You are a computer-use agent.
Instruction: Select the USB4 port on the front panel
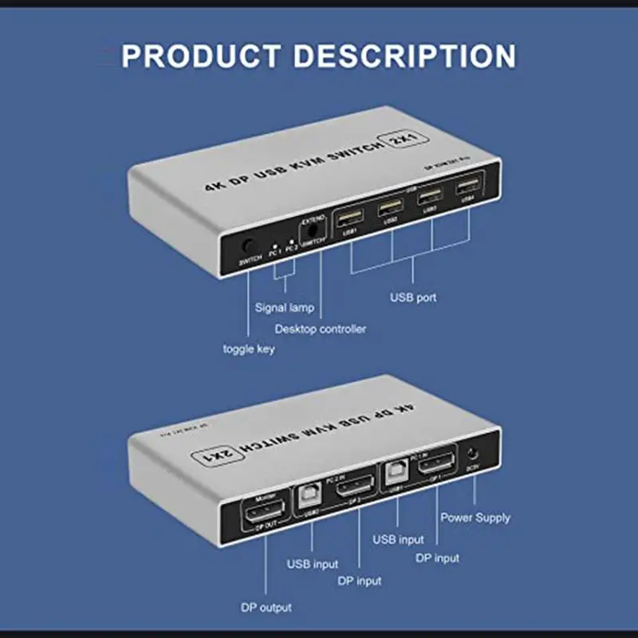(463, 192)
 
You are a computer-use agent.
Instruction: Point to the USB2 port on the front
(390, 208)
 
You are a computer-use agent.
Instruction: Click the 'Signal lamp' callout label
(284, 307)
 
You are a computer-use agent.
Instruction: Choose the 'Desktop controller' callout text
(321, 329)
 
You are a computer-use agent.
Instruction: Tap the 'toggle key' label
(249, 349)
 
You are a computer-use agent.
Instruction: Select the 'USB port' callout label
(413, 298)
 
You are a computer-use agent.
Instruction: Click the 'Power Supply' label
(475, 518)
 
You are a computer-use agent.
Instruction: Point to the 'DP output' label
(266, 608)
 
